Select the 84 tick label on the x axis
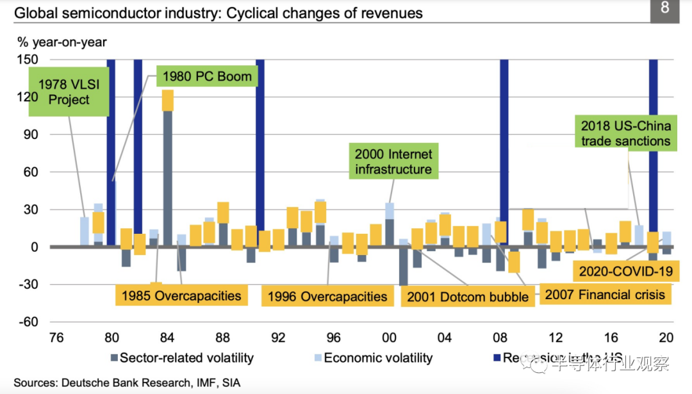pos(167,338)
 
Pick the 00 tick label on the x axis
pos(389,338)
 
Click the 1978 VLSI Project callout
pos(69,92)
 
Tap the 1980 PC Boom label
pos(206,77)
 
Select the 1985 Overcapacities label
pos(181,295)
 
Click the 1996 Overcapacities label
pos(327,296)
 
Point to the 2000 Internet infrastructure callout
pos(393,161)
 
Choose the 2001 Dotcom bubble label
pos(467,296)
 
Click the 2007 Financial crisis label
pos(605,295)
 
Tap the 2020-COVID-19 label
pos(625,271)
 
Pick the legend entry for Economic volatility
pos(372,358)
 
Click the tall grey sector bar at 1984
pos(167,179)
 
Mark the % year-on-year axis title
pos(62,42)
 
